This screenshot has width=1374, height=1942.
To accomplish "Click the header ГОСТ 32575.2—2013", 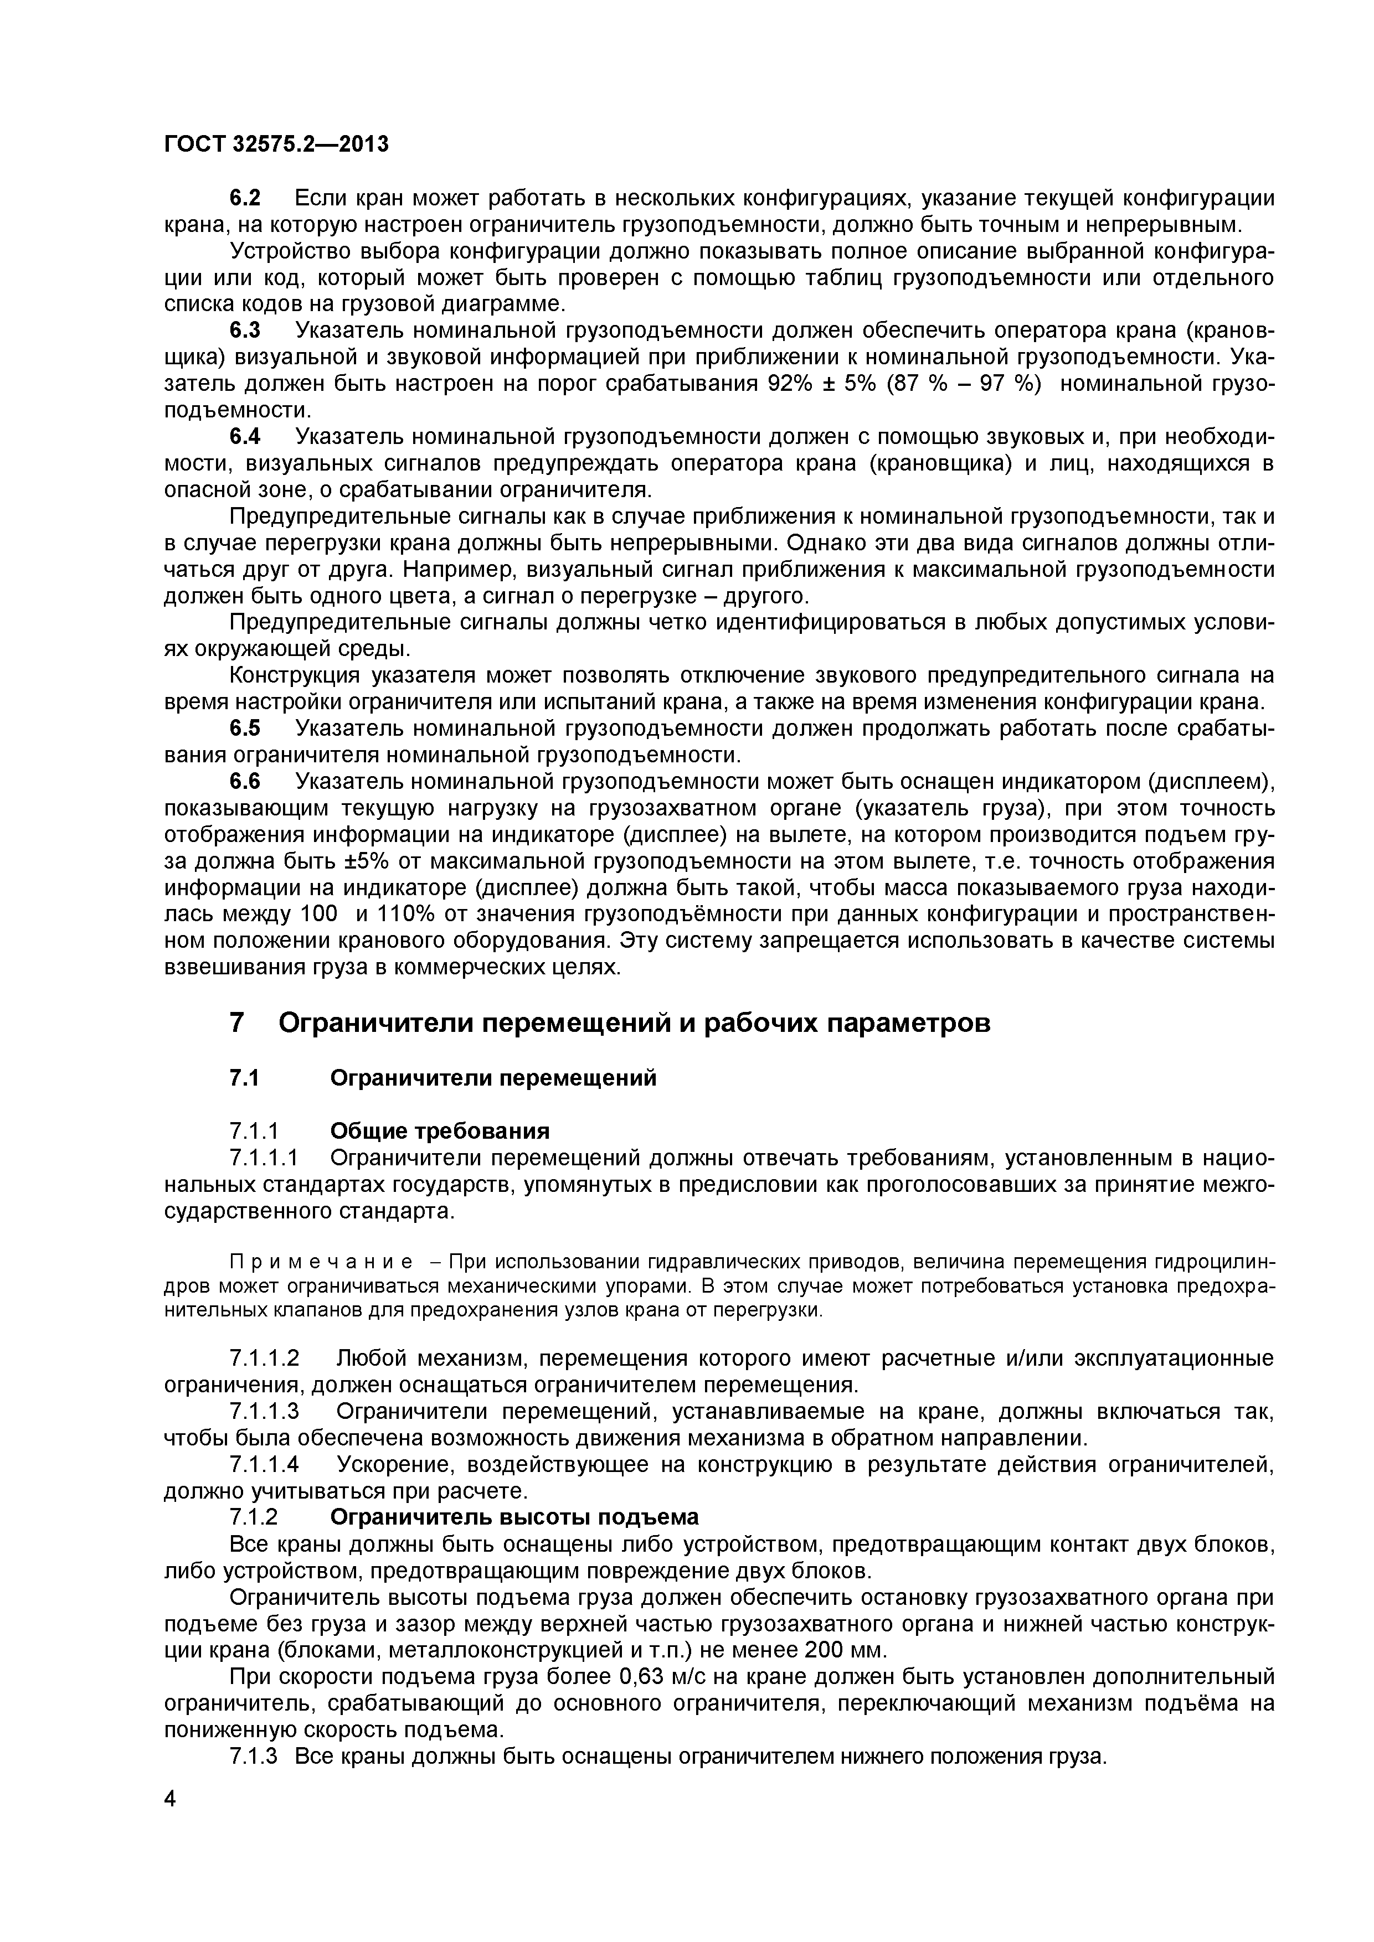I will tap(276, 144).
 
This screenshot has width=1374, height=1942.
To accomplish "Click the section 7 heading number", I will tap(238, 1022).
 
